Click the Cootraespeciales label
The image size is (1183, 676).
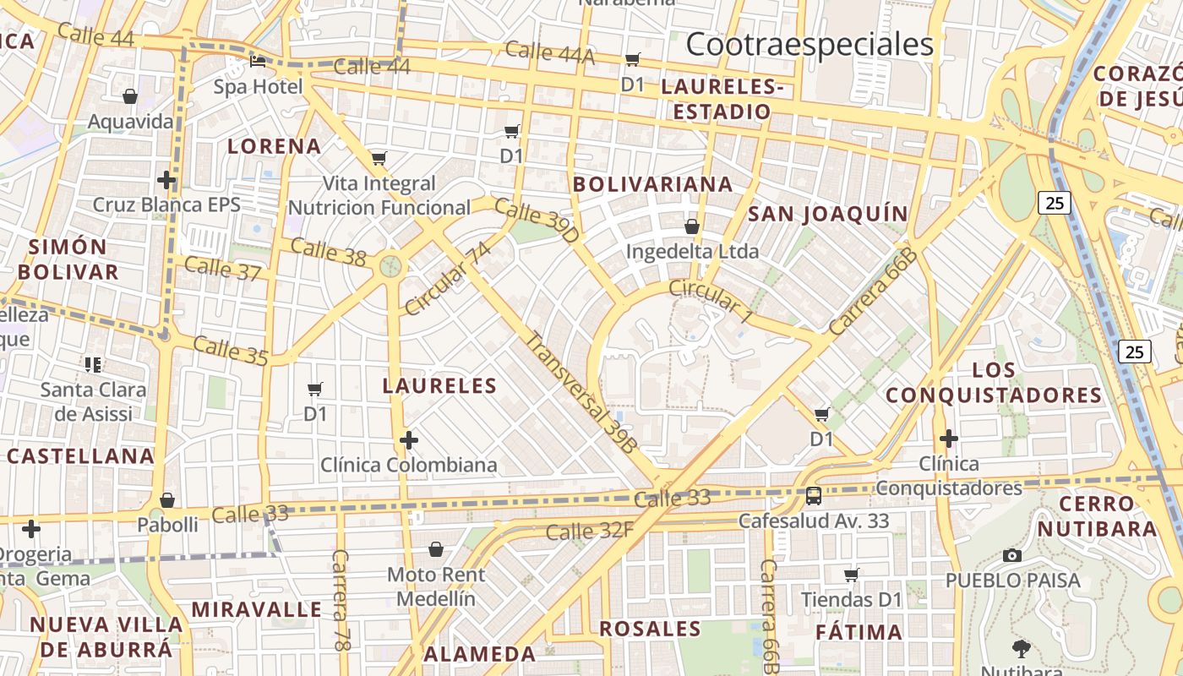click(810, 44)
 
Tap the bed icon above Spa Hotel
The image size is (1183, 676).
click(258, 62)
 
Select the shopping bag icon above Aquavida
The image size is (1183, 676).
click(130, 96)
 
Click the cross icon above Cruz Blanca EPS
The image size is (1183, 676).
click(166, 179)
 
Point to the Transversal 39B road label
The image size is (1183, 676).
click(581, 392)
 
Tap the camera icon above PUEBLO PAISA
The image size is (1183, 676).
click(1011, 555)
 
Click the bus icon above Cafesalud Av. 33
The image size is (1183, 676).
click(814, 496)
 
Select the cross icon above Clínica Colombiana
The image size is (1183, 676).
click(409, 440)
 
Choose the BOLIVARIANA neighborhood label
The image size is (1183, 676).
click(652, 184)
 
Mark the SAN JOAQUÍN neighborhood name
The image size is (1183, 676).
click(828, 214)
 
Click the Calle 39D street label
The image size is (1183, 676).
click(537, 221)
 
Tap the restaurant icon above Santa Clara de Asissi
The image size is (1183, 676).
click(93, 365)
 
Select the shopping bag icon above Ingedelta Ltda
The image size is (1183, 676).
click(692, 226)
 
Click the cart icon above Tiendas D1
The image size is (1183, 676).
click(852, 575)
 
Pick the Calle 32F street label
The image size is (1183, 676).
click(589, 532)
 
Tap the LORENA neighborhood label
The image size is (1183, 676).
click(275, 146)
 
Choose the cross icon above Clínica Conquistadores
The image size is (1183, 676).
click(949, 439)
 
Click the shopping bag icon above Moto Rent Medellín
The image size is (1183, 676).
click(436, 550)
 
